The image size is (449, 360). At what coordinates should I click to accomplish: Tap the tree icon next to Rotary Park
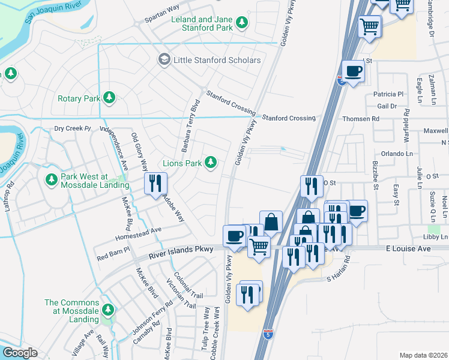[109, 98]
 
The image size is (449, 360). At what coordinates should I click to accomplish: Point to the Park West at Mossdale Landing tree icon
[51, 178]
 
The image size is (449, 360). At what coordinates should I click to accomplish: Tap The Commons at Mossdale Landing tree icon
[108, 310]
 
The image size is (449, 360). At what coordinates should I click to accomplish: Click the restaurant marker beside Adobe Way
[155, 184]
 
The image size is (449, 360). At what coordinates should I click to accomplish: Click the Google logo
[20, 353]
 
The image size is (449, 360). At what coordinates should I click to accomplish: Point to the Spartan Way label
[162, 18]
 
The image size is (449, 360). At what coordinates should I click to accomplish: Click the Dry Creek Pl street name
[72, 128]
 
